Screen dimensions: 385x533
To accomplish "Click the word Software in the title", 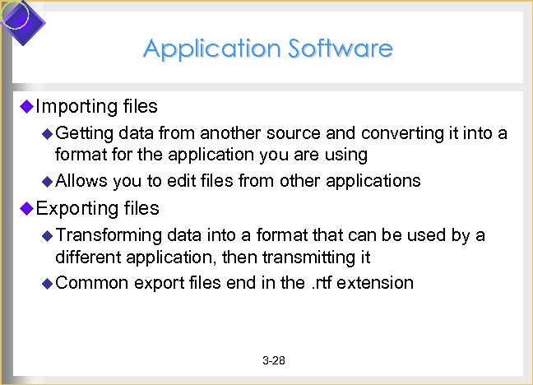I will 340,49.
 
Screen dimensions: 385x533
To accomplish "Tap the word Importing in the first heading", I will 76,106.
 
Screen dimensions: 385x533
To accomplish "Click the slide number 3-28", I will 273,361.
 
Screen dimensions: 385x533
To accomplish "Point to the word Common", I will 92,282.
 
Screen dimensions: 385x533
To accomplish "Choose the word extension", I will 377,282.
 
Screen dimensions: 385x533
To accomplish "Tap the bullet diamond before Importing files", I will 25,105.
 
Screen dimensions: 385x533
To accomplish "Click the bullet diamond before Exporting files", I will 25,207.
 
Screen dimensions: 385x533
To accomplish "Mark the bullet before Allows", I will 47,180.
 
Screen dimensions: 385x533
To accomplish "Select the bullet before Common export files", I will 47,282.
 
